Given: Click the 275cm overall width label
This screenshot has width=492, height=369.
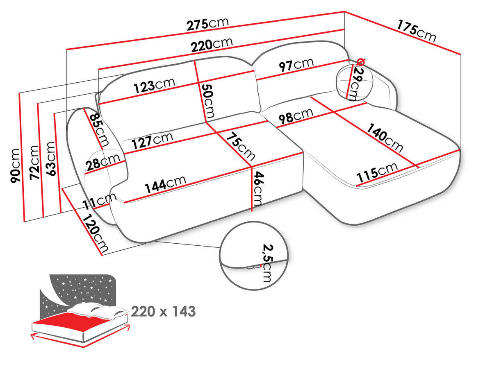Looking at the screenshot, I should tap(207, 24).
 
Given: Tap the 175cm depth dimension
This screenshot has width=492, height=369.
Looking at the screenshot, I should tap(416, 31).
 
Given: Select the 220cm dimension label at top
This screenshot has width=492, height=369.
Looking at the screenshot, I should tap(212, 43).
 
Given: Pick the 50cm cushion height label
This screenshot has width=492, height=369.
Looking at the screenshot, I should tap(207, 100).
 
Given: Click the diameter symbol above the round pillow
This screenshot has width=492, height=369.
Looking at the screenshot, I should tap(360, 62).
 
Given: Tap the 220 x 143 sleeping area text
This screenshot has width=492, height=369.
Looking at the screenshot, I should tap(163, 312).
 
